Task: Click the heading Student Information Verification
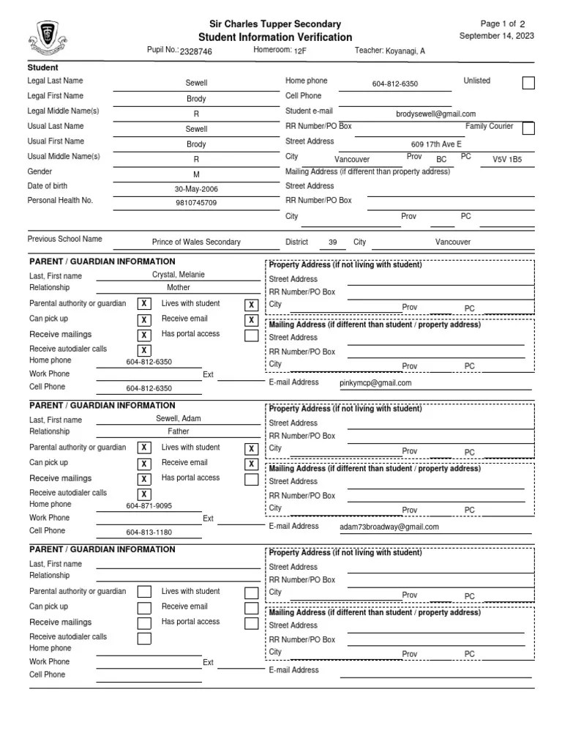tap(275, 37)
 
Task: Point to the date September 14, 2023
tap(496, 36)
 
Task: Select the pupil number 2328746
tap(196, 52)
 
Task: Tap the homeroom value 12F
tap(300, 52)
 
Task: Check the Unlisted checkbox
tap(528, 83)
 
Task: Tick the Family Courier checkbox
tap(528, 129)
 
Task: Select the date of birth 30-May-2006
tap(196, 188)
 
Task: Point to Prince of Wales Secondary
tap(196, 242)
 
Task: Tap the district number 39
tap(332, 242)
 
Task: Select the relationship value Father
tap(179, 432)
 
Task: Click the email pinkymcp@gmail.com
tap(375, 382)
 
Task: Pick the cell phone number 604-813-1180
tap(149, 532)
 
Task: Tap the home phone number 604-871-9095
tap(149, 506)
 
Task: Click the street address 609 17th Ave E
tap(436, 144)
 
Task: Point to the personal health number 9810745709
tap(196, 203)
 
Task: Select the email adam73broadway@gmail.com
tap(389, 527)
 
